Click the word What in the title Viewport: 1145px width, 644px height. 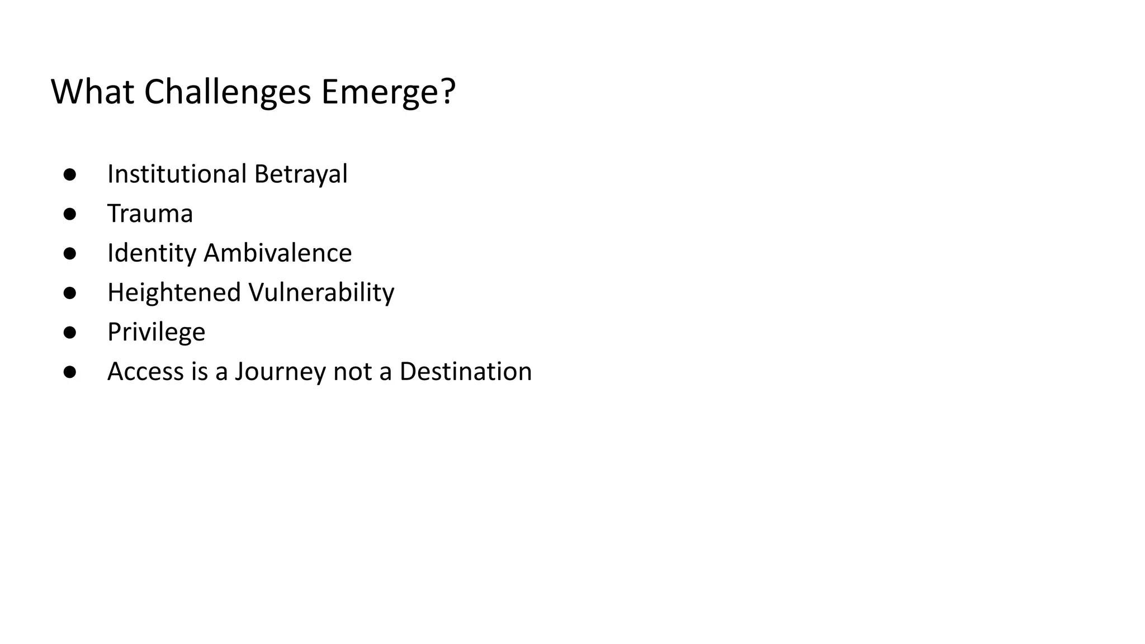(x=92, y=92)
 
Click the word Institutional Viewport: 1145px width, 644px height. (x=177, y=174)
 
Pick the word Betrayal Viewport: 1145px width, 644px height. (x=301, y=174)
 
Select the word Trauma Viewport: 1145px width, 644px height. (x=150, y=214)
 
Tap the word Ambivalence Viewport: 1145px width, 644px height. (x=278, y=253)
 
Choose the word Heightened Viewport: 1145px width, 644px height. (x=174, y=292)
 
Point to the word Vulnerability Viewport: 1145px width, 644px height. (x=321, y=292)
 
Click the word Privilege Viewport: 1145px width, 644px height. (x=157, y=332)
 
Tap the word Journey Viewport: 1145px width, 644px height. (x=280, y=372)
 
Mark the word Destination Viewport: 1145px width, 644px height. (x=466, y=372)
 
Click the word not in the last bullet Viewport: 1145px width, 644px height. (x=352, y=372)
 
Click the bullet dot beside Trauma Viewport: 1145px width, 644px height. (x=70, y=214)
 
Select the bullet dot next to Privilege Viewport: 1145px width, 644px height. (x=70, y=333)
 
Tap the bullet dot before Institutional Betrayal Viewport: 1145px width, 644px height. (x=70, y=174)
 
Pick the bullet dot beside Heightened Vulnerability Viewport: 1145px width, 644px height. (x=70, y=293)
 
